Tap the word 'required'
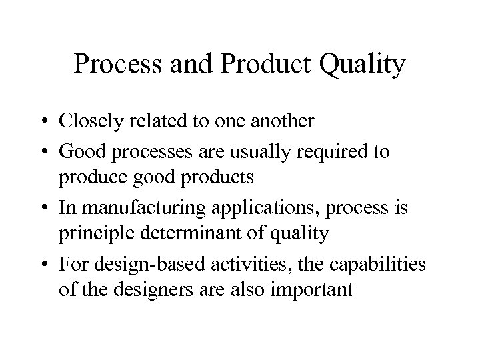pos(337,153)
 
